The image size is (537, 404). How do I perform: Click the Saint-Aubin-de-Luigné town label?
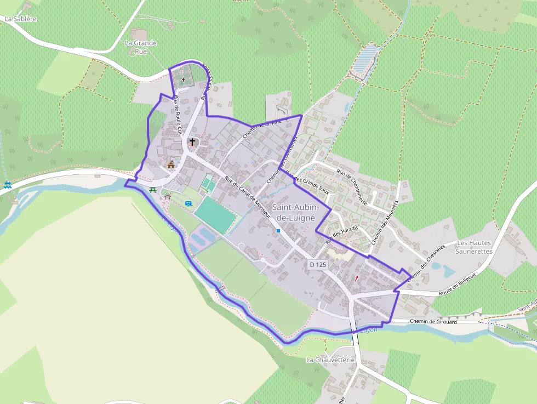294,212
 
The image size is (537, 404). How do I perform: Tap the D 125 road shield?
318,265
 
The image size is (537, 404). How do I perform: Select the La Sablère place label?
20,19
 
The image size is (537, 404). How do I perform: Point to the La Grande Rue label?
141,47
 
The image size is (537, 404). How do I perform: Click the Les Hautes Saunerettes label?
475,247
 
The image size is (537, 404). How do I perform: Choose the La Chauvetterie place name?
331,360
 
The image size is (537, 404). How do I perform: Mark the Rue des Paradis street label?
341,235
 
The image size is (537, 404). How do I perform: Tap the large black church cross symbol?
192,142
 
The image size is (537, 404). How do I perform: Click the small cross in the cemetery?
183,80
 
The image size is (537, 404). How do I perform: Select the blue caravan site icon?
188,203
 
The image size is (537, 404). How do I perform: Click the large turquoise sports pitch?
215,215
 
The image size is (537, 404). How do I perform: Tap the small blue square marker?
278,231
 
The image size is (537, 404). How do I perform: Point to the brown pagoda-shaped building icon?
171,164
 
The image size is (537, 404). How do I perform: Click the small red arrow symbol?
357,278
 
